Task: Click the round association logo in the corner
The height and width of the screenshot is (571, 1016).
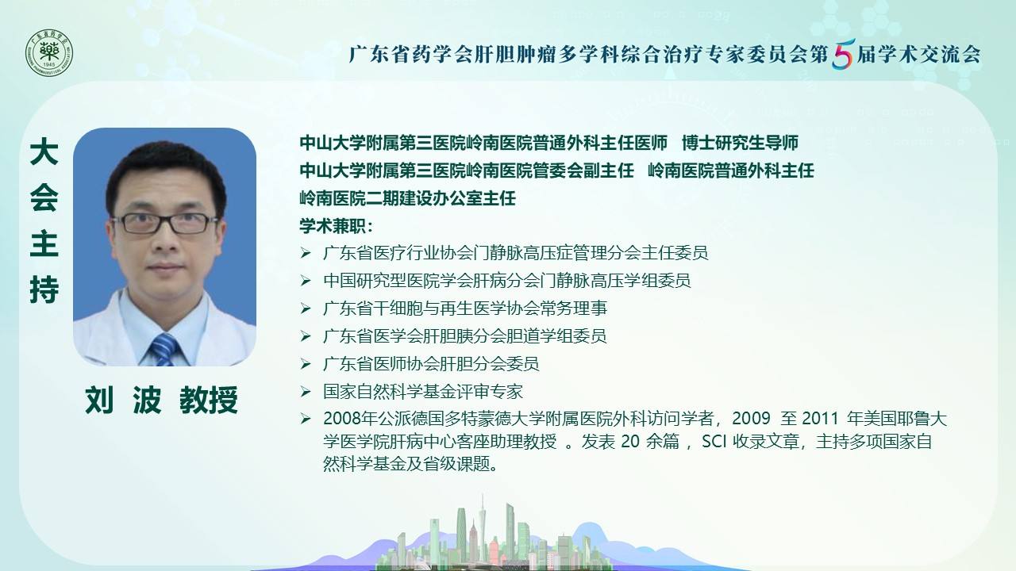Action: pos(49,53)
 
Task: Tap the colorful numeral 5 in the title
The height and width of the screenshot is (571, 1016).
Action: pos(843,54)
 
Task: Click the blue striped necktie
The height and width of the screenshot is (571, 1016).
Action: pos(164,350)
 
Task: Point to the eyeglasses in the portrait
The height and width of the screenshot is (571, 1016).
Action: pos(164,223)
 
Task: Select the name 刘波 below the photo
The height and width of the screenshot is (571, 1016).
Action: pos(123,400)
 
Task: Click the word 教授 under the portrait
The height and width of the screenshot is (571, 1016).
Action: pos(209,400)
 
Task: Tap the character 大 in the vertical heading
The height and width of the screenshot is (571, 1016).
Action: pos(44,152)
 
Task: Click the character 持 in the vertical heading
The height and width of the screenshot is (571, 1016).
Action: pos(44,289)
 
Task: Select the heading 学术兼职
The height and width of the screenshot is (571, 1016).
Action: pos(336,226)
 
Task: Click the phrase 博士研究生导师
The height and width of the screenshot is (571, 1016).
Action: pos(740,143)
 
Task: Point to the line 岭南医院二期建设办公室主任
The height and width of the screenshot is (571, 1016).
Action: pos(407,198)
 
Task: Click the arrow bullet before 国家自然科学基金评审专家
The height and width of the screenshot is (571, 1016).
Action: pos(306,392)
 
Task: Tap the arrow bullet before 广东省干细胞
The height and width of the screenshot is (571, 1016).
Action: pos(306,308)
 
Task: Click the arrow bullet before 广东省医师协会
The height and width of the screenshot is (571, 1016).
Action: pos(306,364)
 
